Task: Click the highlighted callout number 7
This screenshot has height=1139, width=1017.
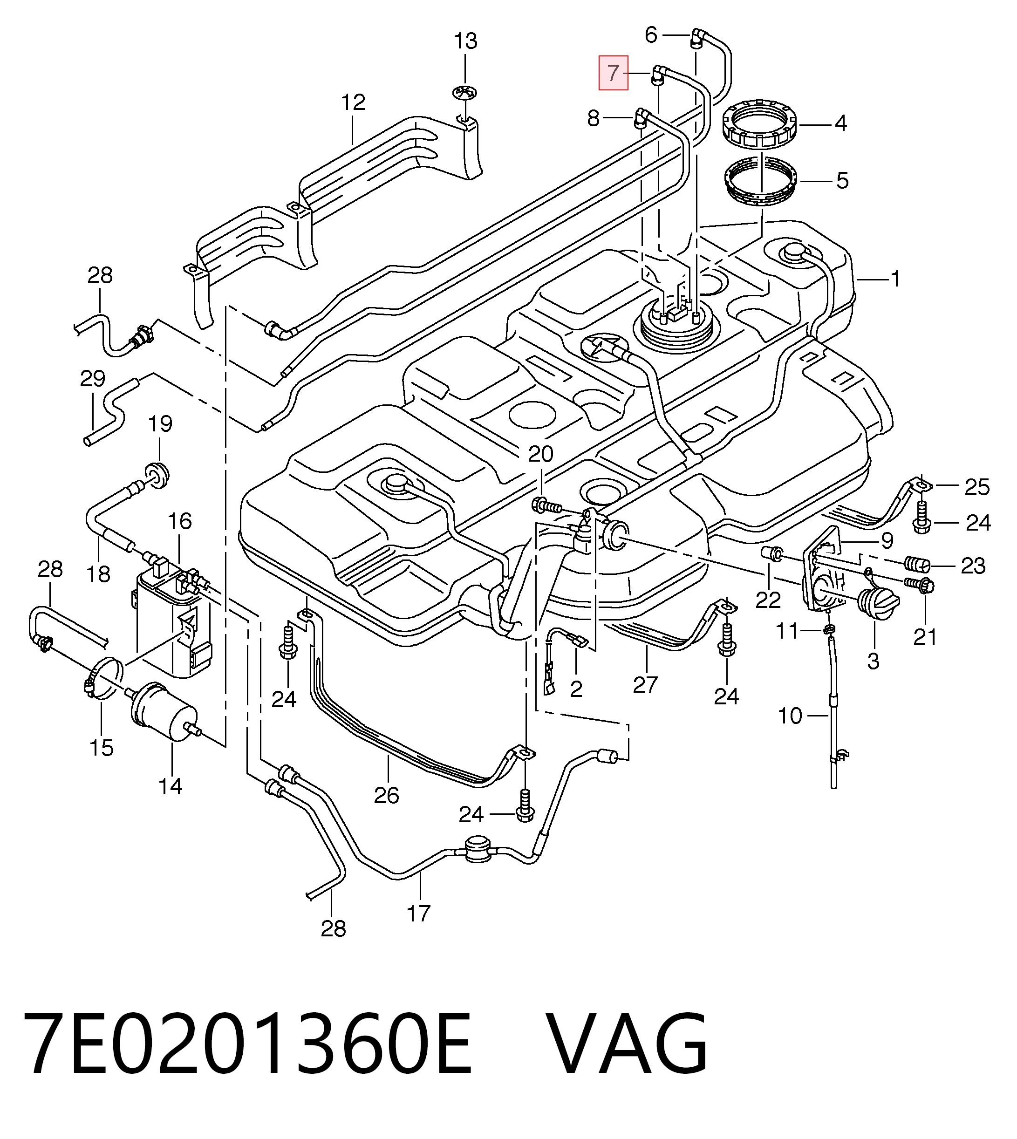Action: coord(613,73)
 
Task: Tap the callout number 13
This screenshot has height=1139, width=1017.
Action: coord(465,41)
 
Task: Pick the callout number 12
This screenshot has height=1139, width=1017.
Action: coord(353,102)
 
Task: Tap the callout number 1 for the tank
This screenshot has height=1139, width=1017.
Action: coord(895,278)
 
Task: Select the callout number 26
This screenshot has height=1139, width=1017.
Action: coord(386,795)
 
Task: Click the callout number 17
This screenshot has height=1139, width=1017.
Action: coord(418,913)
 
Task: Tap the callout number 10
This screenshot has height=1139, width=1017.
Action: coord(790,716)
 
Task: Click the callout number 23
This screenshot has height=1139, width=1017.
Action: coord(973,566)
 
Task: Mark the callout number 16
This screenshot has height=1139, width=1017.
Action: coord(179,521)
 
